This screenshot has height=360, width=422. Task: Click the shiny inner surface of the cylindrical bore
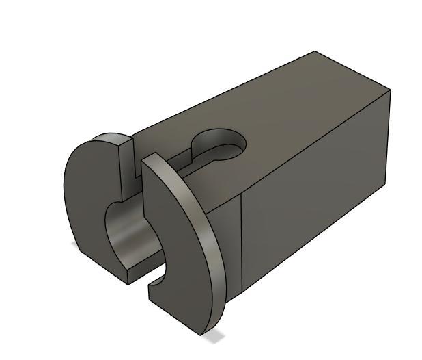[126, 236]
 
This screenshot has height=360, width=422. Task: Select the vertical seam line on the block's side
[242, 240]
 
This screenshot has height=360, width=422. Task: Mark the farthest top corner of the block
[315, 51]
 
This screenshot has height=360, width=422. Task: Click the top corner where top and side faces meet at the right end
[390, 89]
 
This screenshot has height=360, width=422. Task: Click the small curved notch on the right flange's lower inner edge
[156, 280]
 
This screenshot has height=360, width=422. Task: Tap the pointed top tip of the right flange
[145, 157]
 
